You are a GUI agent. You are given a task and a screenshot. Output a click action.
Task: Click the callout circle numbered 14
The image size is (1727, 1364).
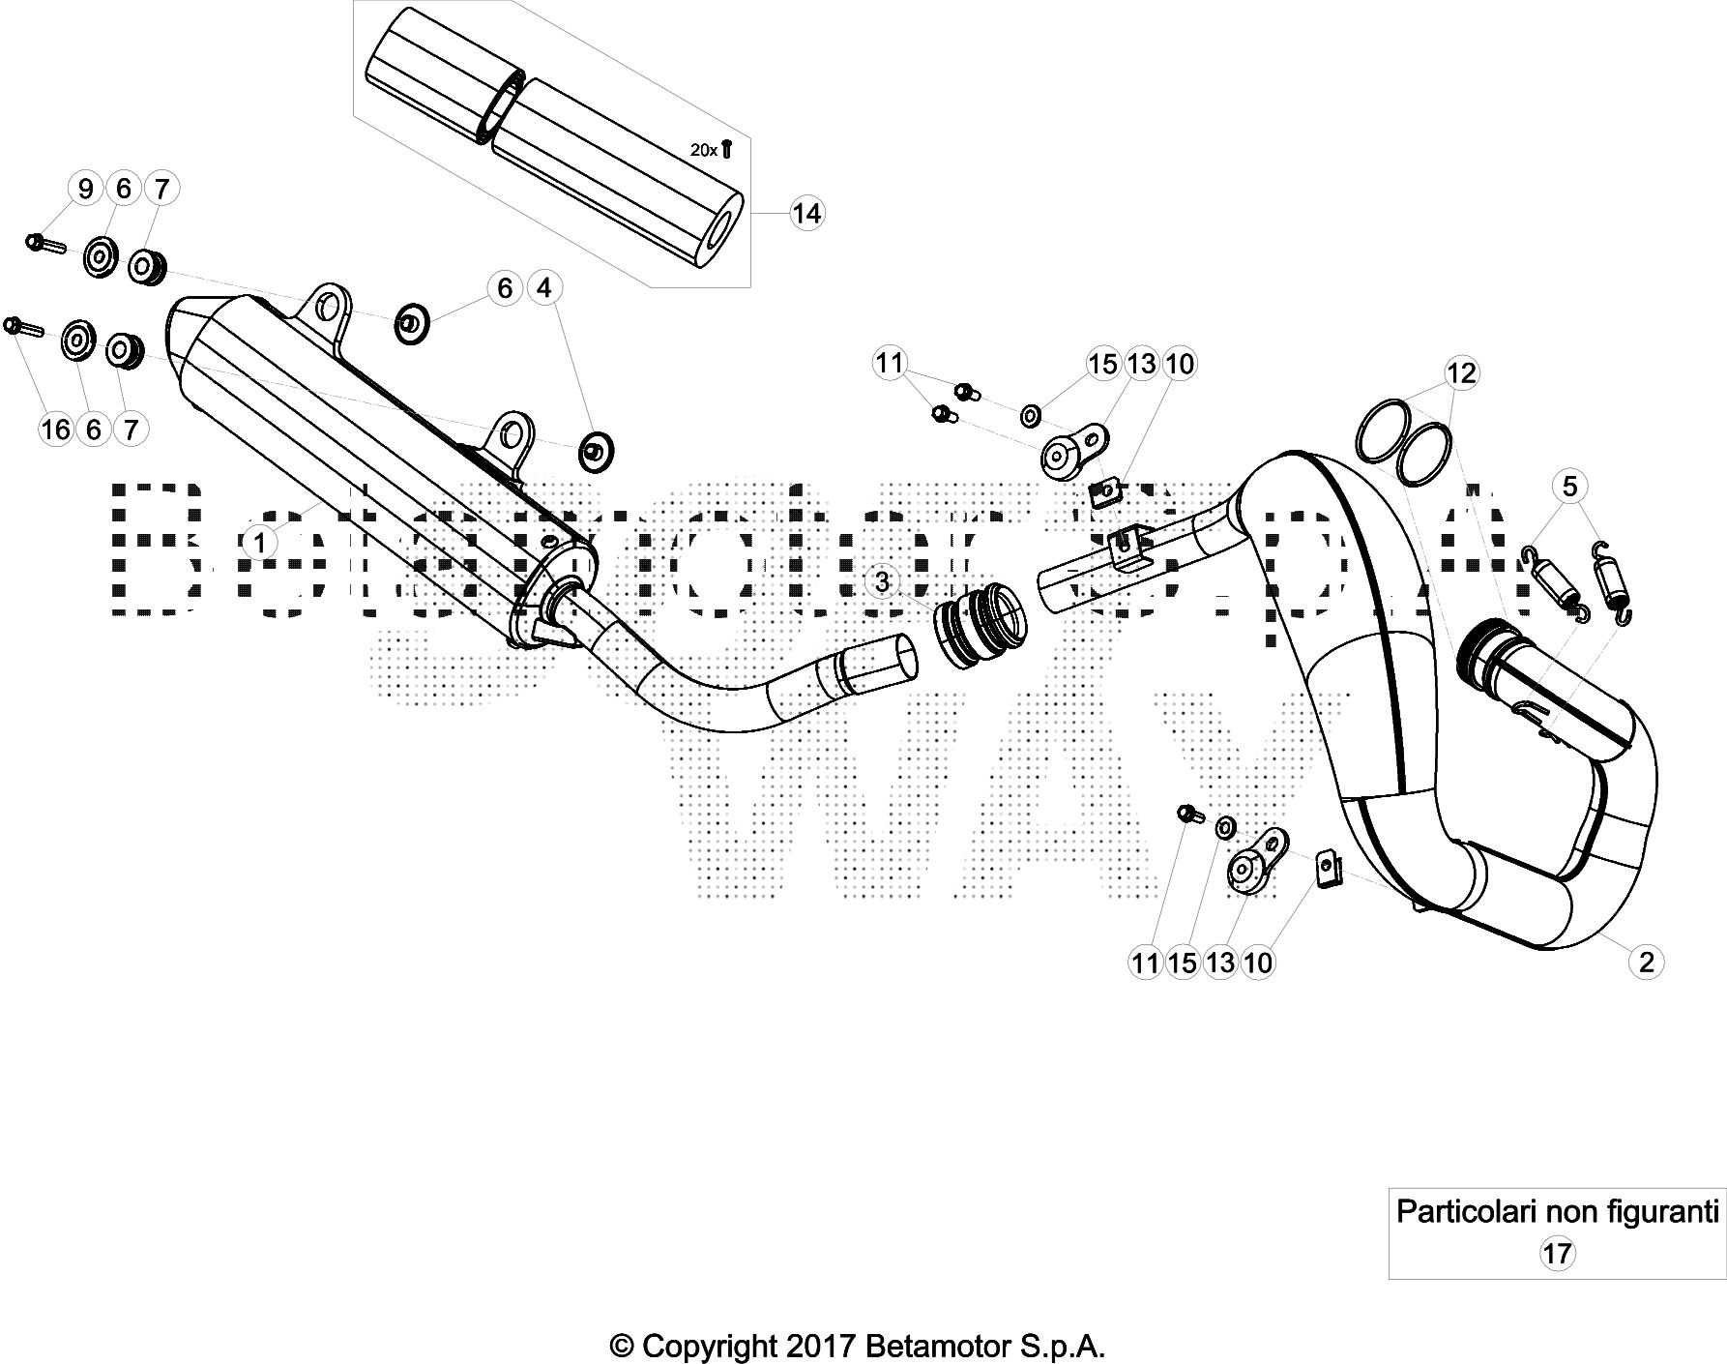pyautogui.click(x=806, y=213)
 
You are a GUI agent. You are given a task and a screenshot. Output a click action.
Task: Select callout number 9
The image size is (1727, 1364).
pyautogui.click(x=85, y=188)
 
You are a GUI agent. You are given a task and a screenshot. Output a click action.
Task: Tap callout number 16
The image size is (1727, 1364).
pyautogui.click(x=56, y=429)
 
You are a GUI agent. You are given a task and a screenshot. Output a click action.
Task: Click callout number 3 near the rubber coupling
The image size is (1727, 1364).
pyautogui.click(x=882, y=582)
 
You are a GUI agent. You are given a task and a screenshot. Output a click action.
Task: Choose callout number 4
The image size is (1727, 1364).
pyautogui.click(x=543, y=288)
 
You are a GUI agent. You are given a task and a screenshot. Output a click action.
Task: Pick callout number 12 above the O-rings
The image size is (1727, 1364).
pyautogui.click(x=1462, y=372)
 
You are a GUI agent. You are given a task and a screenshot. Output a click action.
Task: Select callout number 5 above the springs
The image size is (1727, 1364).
pyautogui.click(x=1569, y=486)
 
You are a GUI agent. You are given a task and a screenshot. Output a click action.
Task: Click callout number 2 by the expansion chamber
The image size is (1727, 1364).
pyautogui.click(x=1647, y=962)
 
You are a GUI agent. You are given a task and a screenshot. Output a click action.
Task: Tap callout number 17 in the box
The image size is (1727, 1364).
pyautogui.click(x=1557, y=1254)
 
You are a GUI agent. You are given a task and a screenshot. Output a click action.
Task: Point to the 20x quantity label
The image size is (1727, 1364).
pyautogui.click(x=703, y=150)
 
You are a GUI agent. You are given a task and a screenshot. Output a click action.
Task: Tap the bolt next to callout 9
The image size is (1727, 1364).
pyautogui.click(x=44, y=243)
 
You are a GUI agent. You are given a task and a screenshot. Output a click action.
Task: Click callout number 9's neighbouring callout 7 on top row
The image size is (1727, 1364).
pyautogui.click(x=161, y=188)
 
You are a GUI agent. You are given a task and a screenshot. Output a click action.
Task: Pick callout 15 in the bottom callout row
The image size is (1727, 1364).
pyautogui.click(x=1183, y=962)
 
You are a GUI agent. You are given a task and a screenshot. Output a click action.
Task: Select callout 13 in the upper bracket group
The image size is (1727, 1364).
pyautogui.click(x=1142, y=364)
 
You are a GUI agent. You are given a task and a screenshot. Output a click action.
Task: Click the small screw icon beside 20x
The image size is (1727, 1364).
pyautogui.click(x=728, y=148)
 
